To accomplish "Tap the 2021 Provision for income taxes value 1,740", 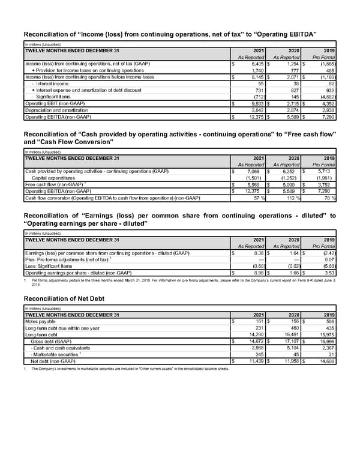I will [256, 70].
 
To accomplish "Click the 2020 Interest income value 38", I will [295, 83].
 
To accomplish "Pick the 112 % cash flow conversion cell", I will [292, 198].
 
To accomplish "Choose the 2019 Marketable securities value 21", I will [331, 354].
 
